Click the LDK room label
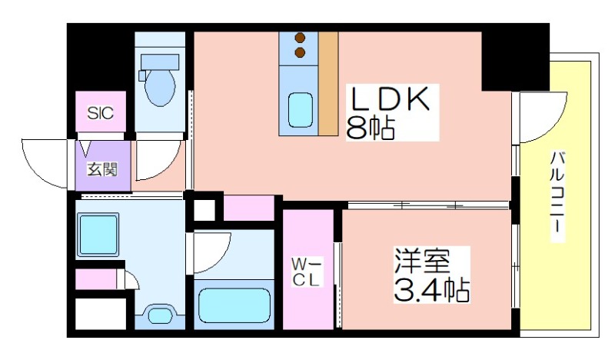point(389,98)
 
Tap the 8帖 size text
point(370,128)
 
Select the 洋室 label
point(421,261)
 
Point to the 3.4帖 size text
point(431,290)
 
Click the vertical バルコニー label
point(557,196)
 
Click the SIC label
point(101,113)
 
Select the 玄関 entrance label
point(102,169)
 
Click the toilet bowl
point(160,88)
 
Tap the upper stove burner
point(301,38)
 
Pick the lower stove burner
point(301,52)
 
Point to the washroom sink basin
point(159,315)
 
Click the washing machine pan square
point(98,235)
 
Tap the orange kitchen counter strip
point(328,84)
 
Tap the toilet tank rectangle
point(160,62)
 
